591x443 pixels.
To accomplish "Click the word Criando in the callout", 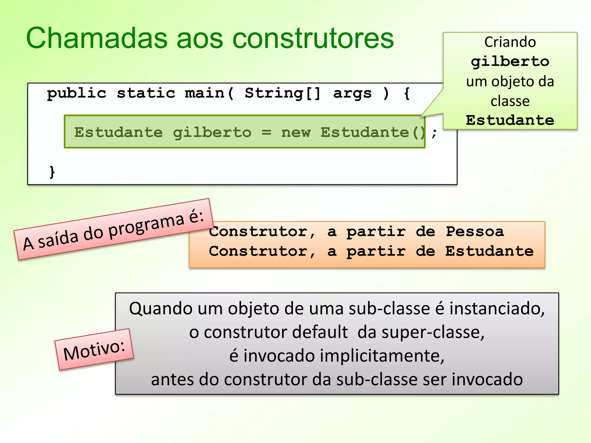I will pyautogui.click(x=510, y=42).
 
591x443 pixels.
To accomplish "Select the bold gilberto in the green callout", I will pyautogui.click(x=510, y=62).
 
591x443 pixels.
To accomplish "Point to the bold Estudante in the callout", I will pyautogui.click(x=510, y=120).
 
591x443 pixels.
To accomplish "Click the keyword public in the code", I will pyautogui.click(x=76, y=93).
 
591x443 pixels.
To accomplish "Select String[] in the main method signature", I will pyautogui.click(x=283, y=93).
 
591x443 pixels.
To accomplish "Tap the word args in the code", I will pyautogui.click(x=352, y=93).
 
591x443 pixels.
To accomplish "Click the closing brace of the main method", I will pyautogui.click(x=52, y=172).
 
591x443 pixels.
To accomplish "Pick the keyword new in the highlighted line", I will pyautogui.click(x=296, y=132).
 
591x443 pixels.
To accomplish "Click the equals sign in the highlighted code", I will pyautogui.click(x=266, y=132).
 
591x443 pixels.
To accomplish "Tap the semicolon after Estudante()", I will pyautogui.click(x=434, y=133).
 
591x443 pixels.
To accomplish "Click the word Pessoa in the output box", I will pyautogui.click(x=475, y=232).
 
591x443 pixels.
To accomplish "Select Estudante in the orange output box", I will pyautogui.click(x=489, y=251).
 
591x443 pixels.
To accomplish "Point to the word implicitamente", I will pyautogui.click(x=344, y=356).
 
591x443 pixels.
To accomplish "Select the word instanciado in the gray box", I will pyautogui.click(x=497, y=309).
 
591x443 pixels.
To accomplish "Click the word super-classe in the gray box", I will pyautogui.click(x=433, y=332).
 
